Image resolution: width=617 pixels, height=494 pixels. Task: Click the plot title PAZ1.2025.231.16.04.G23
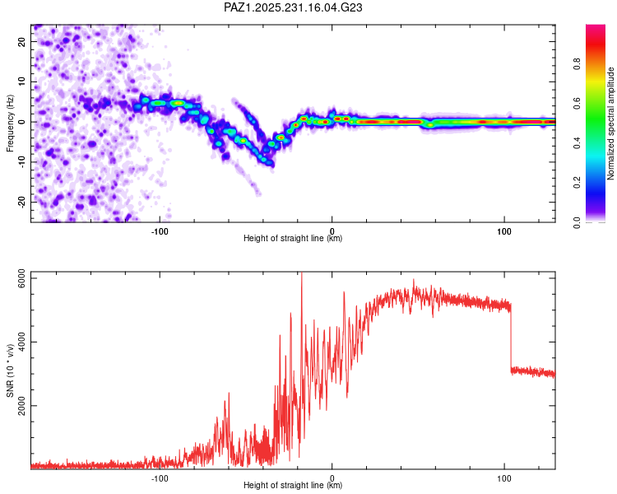(294, 7)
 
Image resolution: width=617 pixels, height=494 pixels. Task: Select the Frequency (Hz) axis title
(10, 122)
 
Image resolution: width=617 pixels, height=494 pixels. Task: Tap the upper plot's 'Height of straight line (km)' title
(293, 239)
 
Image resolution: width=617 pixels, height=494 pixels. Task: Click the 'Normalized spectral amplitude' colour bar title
(611, 123)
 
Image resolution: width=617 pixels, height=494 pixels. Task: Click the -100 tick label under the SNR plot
(160, 478)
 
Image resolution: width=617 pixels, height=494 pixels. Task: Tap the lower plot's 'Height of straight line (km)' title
(293, 486)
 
